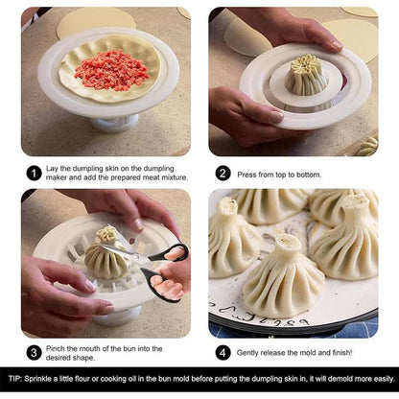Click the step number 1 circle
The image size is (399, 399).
click(34, 174)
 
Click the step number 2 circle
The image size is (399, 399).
click(223, 174)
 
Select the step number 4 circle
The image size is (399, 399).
click(223, 351)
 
